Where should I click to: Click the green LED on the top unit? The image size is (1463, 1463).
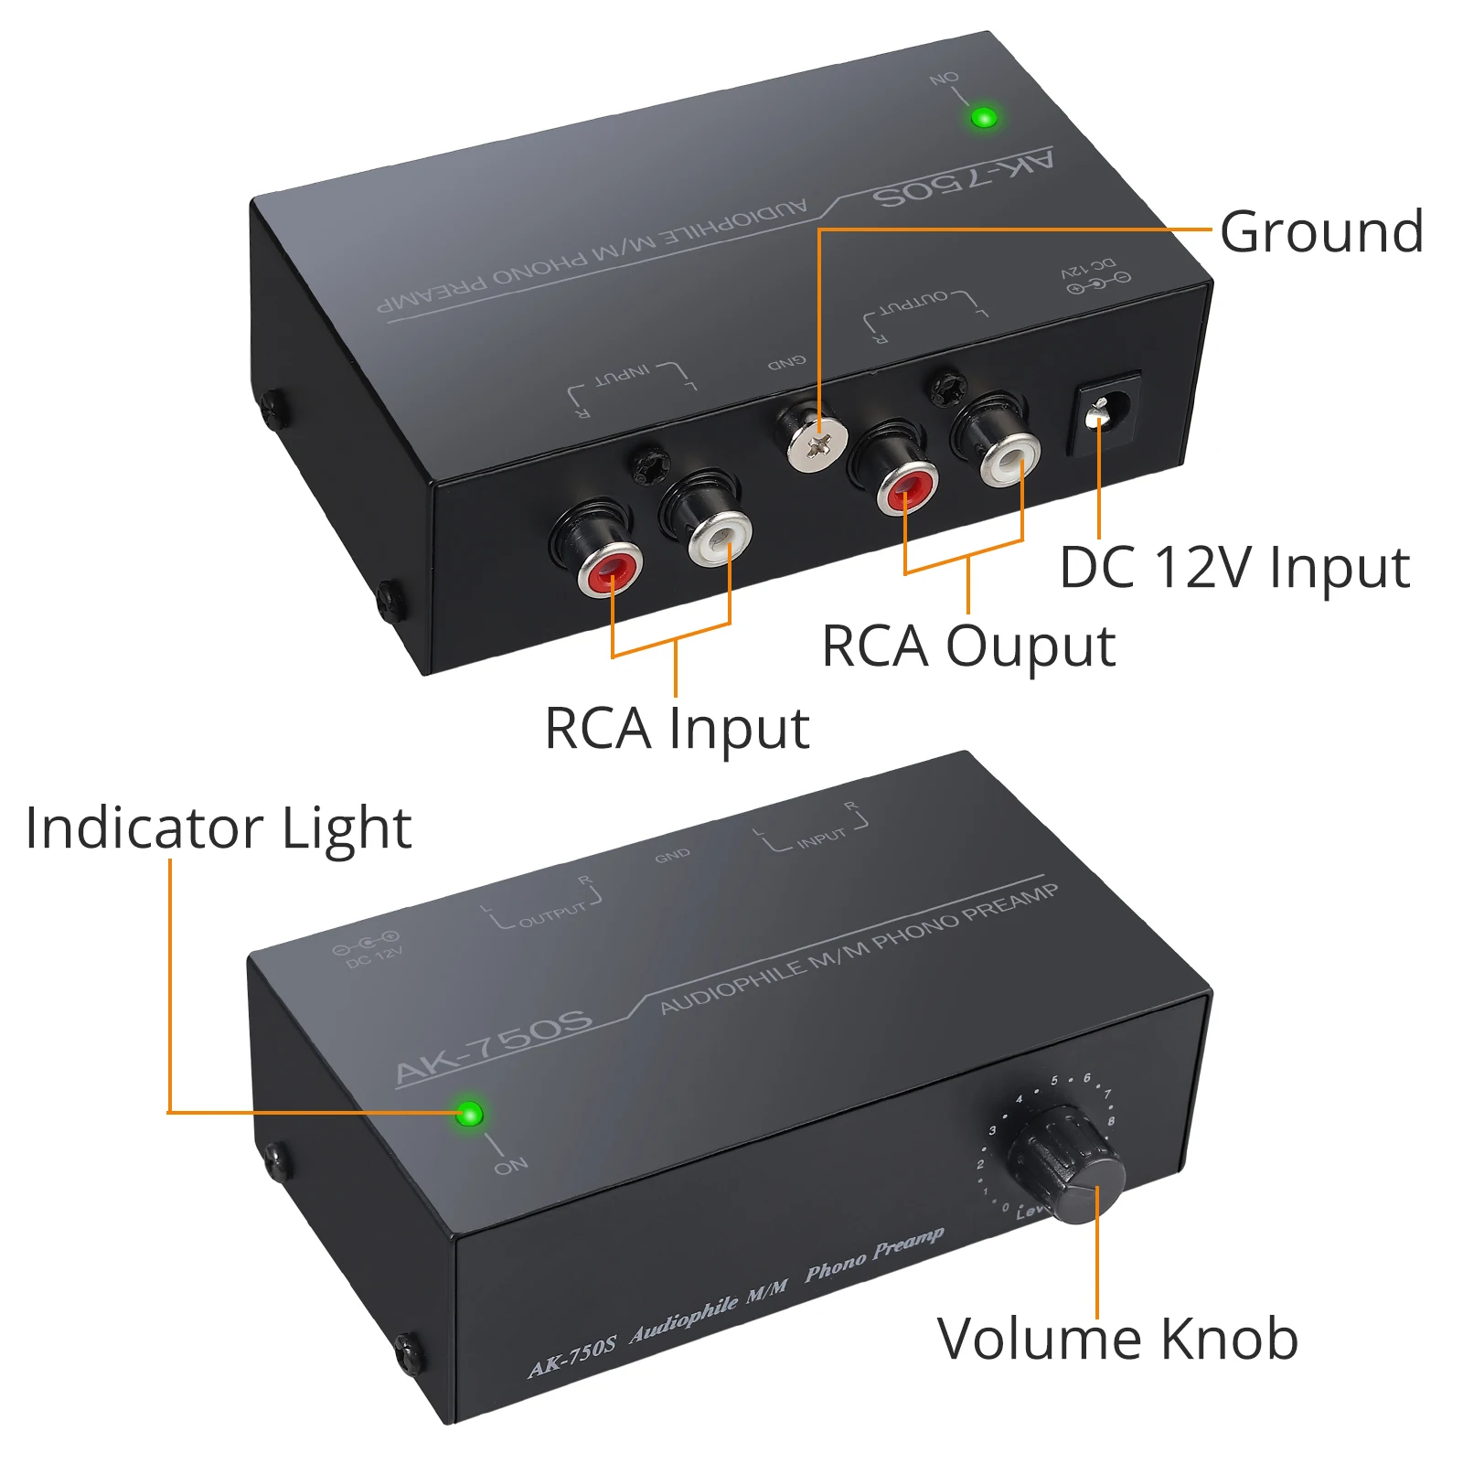pyautogui.click(x=984, y=117)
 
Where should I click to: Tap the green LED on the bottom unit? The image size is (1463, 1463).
pyautogui.click(x=469, y=1114)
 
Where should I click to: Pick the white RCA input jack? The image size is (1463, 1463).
pyautogui.click(x=720, y=538)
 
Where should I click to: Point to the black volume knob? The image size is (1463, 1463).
pyautogui.click(x=1065, y=1161)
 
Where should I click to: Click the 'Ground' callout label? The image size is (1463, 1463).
pyautogui.click(x=1321, y=231)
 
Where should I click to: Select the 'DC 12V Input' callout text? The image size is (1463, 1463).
pyautogui.click(x=1234, y=568)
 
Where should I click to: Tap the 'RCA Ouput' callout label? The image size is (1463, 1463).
pyautogui.click(x=967, y=646)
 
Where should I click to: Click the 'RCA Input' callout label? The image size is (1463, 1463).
pyautogui.click(x=677, y=729)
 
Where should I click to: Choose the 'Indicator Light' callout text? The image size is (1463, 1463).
pyautogui.click(x=219, y=828)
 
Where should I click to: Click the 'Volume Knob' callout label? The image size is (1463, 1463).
pyautogui.click(x=1117, y=1340)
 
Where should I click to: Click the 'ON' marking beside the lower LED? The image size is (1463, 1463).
pyautogui.click(x=511, y=1165)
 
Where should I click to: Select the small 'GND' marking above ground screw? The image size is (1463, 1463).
pyautogui.click(x=786, y=363)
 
